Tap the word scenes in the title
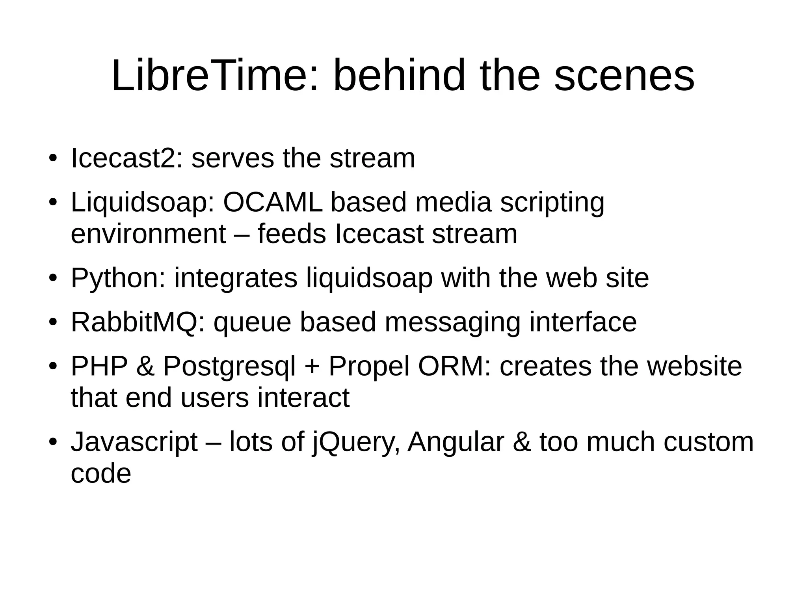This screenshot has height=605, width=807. pos(624,75)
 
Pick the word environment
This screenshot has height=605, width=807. pos(148,234)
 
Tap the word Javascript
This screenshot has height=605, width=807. pos(134,442)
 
